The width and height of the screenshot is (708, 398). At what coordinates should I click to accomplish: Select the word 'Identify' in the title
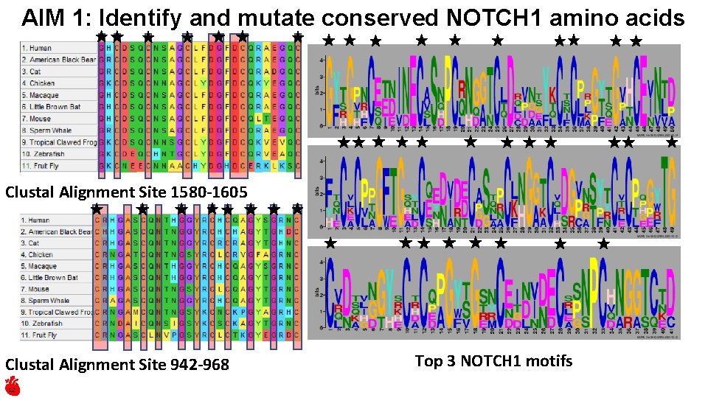click(140, 18)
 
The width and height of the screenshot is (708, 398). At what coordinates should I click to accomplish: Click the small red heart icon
click(12, 385)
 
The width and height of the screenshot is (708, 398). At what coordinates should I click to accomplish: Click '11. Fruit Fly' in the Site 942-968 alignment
click(41, 335)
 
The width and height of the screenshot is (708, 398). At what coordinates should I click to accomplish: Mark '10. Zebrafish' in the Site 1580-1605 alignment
click(43, 154)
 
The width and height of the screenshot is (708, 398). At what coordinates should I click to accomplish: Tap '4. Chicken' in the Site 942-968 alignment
click(38, 254)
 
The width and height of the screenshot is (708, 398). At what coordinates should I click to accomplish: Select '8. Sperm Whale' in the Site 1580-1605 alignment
click(46, 130)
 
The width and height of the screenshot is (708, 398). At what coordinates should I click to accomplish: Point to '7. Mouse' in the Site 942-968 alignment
click(36, 289)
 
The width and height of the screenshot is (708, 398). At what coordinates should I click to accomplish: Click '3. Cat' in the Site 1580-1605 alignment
click(31, 71)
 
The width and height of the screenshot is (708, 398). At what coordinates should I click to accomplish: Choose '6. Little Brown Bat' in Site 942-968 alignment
click(51, 278)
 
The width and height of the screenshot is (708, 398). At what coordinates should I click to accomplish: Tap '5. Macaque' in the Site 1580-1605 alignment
click(40, 95)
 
